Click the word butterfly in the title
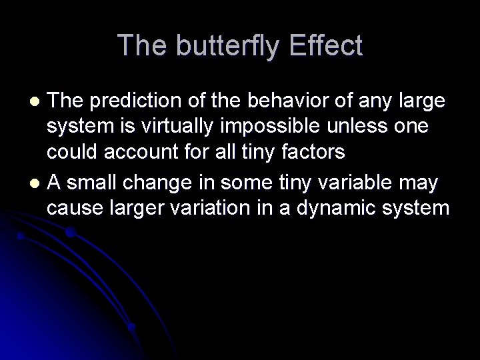point(223,46)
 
